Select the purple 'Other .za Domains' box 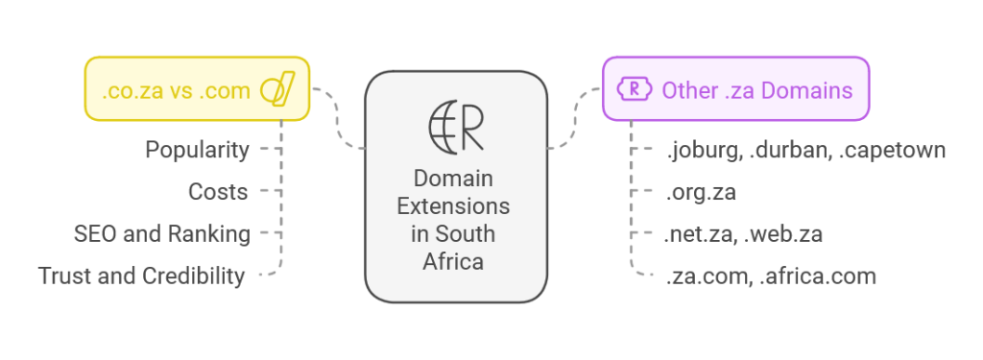tap(735, 88)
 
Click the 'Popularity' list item tap(197, 150)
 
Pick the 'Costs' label tap(218, 192)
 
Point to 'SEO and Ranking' tap(162, 233)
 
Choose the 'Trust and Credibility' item tap(142, 276)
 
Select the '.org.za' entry tap(701, 192)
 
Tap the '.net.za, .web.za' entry tap(744, 233)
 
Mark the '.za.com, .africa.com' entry tap(771, 276)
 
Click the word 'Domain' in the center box tap(454, 180)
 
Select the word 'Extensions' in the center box tap(454, 206)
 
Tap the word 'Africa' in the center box tap(454, 260)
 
